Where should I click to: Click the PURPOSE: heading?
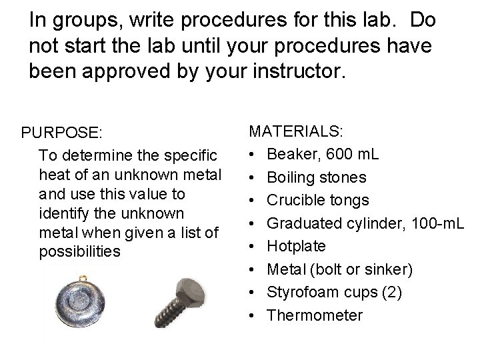pos(61,133)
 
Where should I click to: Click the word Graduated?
pos(304,223)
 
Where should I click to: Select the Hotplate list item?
pos(297,246)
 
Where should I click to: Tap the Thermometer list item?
pos(315,315)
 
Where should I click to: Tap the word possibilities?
pos(81,252)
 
